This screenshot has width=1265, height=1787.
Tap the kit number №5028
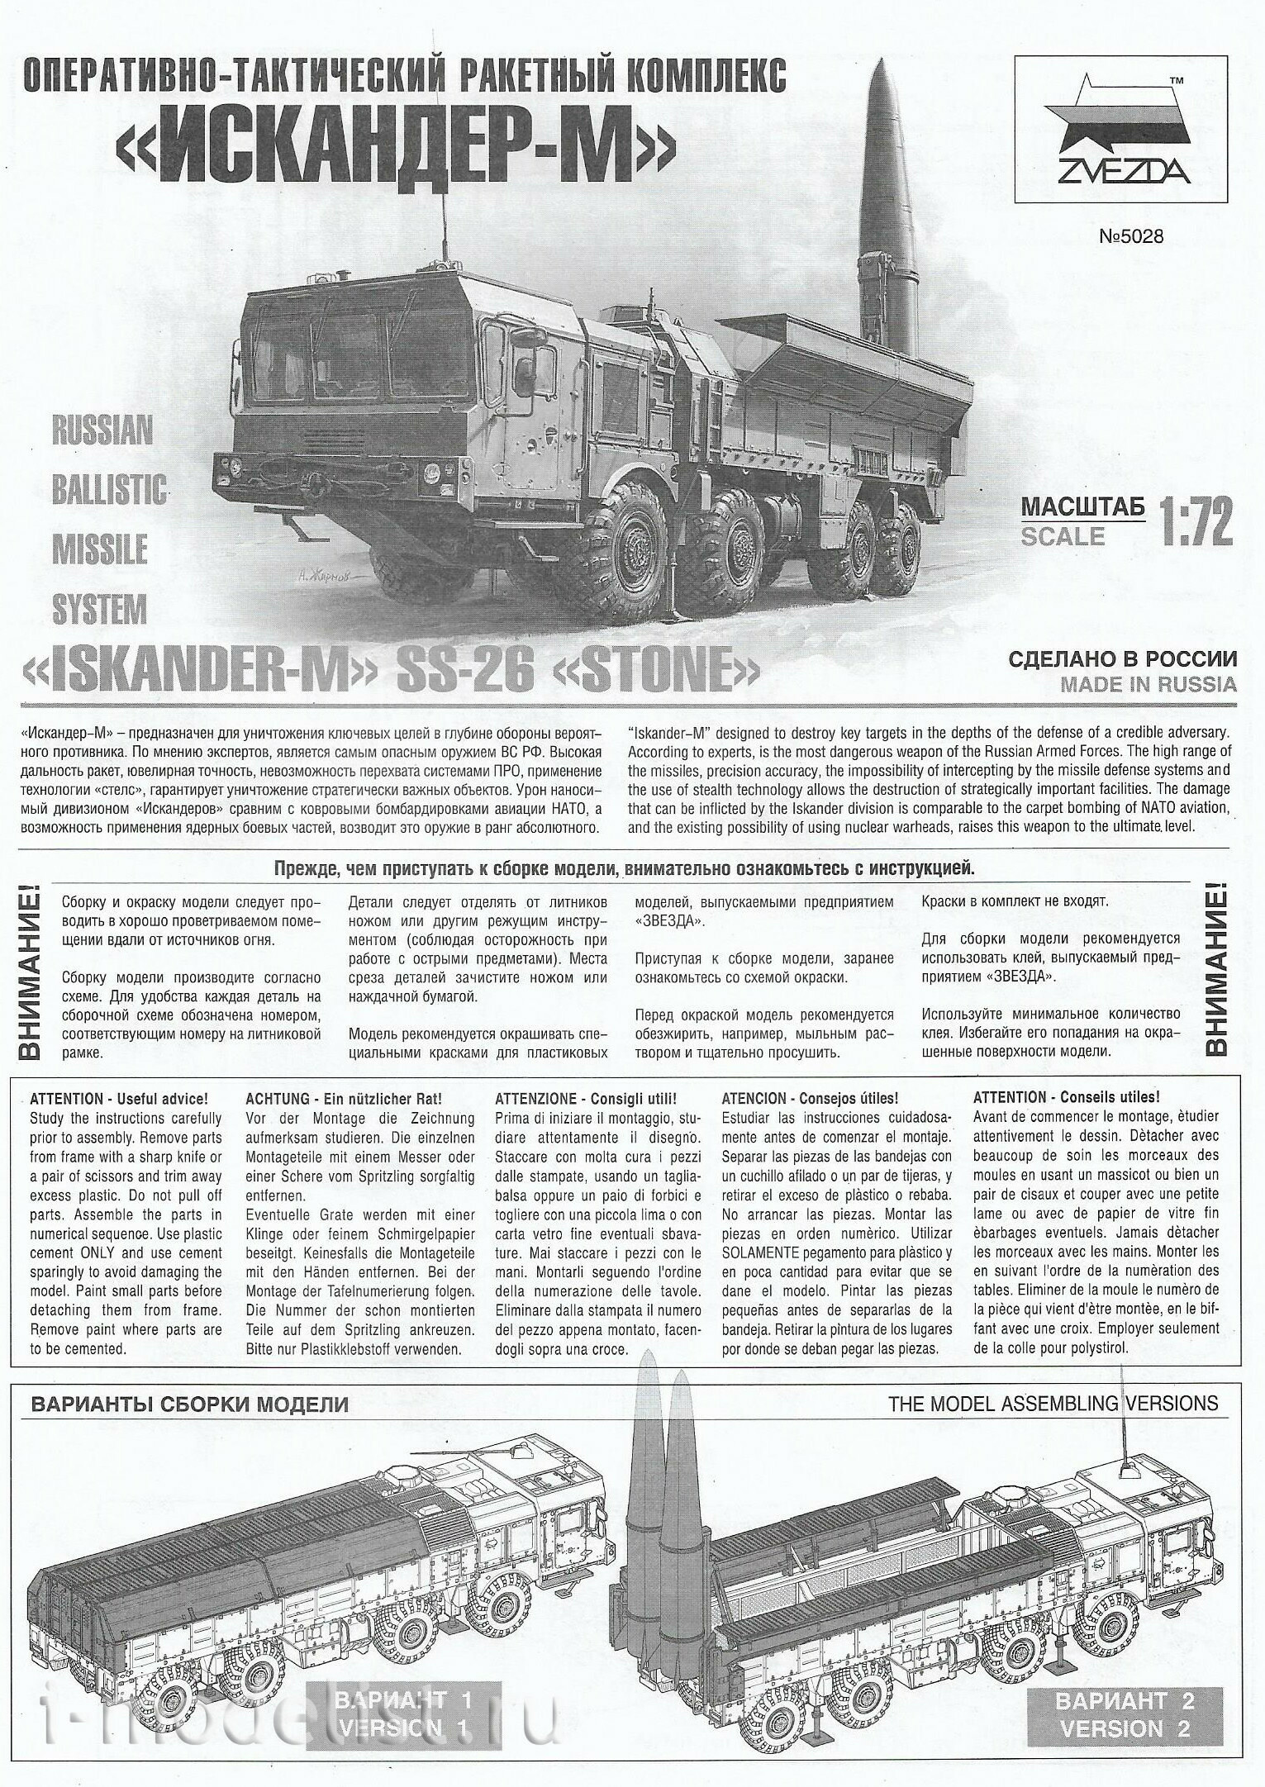tap(1130, 236)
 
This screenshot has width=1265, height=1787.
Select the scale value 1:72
tap(1196, 520)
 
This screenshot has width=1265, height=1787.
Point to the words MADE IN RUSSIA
tap(1148, 684)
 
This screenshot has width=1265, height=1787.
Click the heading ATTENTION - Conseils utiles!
tap(1066, 1098)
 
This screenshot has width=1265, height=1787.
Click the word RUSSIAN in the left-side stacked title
tap(102, 430)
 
